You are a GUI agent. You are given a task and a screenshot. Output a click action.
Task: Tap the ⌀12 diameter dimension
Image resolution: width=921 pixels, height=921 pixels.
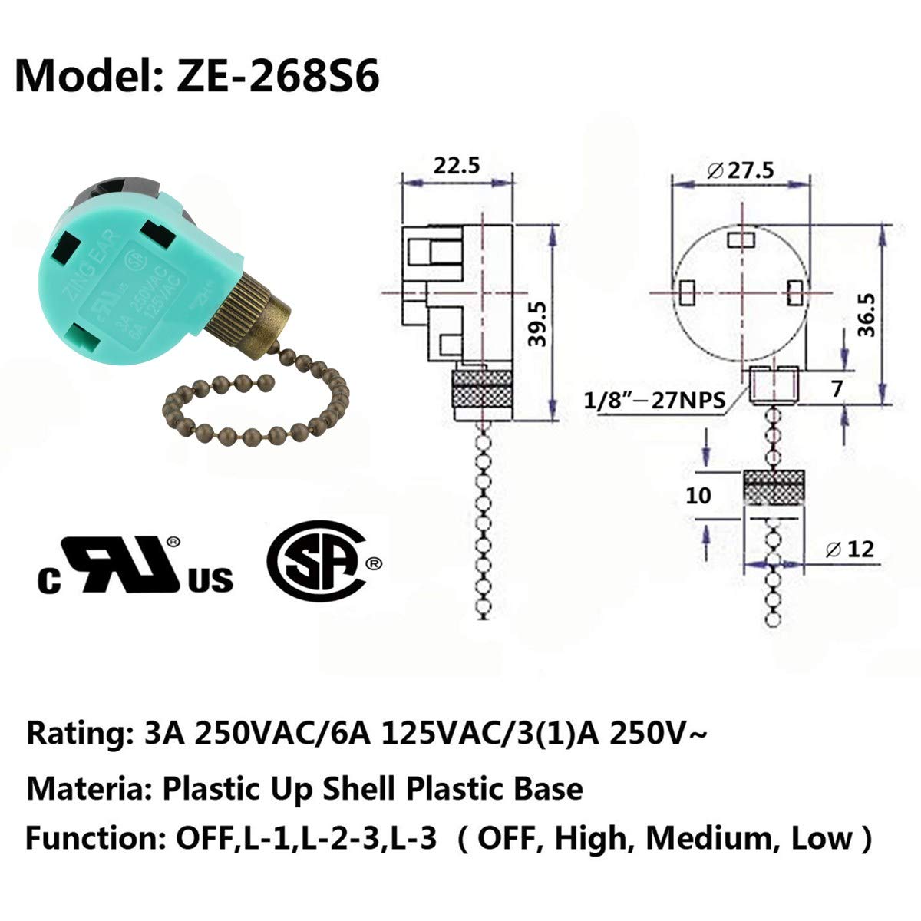850,549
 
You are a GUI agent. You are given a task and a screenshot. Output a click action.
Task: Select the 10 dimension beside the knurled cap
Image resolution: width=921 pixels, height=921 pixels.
698,495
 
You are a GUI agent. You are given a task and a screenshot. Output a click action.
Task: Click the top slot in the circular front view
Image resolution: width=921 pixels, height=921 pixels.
741,240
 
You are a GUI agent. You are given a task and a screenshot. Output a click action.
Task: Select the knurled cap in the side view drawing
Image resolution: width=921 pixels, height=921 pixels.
484,393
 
